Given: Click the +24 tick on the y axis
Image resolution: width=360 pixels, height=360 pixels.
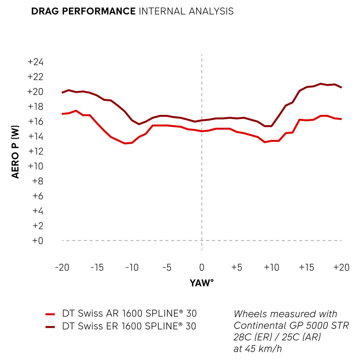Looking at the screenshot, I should pos(36,62).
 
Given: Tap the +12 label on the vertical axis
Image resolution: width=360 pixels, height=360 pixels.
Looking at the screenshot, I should pos(36,151).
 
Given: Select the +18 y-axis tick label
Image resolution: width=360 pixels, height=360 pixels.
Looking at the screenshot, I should pos(36,107).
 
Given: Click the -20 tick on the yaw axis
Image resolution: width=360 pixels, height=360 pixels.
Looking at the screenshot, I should pos(62,267).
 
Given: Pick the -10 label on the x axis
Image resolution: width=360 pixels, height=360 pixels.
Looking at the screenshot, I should pos(132,267).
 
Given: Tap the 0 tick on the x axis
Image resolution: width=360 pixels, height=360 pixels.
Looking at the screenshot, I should pos(202,267).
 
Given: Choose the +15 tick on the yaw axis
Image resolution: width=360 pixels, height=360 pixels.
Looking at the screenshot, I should pos(306,267).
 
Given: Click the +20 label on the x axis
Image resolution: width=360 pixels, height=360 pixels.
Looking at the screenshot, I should pos(341,267).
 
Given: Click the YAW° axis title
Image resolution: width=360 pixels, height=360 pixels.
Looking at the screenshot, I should pos(202,283).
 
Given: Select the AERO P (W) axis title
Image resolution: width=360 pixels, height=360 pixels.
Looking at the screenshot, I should pos(16,152).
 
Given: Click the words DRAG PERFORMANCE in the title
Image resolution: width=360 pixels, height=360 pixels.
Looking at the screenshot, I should pos(83,11).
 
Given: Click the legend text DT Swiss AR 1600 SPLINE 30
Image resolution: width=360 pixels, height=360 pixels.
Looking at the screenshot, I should pos(129,314).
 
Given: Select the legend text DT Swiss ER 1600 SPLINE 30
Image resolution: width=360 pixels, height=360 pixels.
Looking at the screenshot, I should pos(129,326).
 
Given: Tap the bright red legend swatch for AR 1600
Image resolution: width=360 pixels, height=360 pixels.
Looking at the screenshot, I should pos(50,314).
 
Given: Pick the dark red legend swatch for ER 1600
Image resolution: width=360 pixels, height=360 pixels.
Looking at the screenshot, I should pos(50,327).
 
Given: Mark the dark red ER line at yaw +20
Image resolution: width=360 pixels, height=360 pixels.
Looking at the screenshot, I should pos(341,88).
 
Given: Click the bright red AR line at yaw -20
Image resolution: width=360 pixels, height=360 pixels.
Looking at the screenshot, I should pos(62,114).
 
